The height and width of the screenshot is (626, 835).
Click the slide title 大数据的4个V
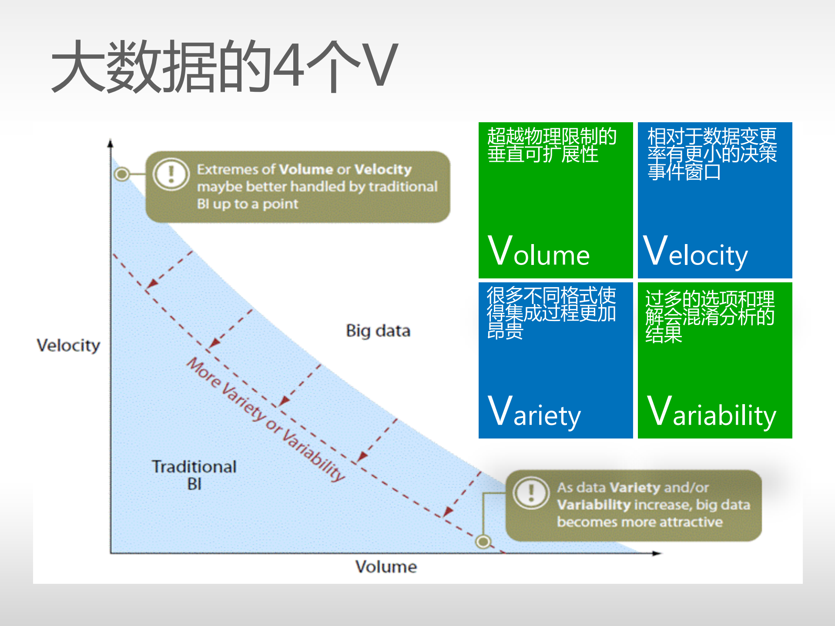coord(224,66)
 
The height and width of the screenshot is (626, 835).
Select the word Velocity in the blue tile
coord(695,252)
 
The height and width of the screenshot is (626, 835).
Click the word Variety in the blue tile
coord(534,412)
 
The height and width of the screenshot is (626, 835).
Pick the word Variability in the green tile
coord(711,412)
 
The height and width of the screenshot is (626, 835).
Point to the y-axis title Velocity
coord(68,345)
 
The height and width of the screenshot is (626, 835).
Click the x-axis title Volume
coord(386,567)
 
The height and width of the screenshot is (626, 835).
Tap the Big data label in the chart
coord(378,331)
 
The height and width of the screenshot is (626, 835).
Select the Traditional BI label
coord(194,475)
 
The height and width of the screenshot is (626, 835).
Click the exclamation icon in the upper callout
coord(171,174)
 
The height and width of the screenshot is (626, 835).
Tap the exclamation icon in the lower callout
coord(531,493)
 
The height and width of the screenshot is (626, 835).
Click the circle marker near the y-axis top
coord(122,174)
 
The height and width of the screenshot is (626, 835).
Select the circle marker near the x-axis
coord(483,542)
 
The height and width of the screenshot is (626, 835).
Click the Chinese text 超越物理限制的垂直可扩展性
coord(551,145)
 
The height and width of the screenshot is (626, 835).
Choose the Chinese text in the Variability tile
coord(709,316)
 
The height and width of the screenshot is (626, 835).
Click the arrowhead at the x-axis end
coord(657,553)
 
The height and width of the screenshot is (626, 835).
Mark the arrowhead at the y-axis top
coord(111,144)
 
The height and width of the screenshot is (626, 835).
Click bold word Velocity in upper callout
coord(382,169)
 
